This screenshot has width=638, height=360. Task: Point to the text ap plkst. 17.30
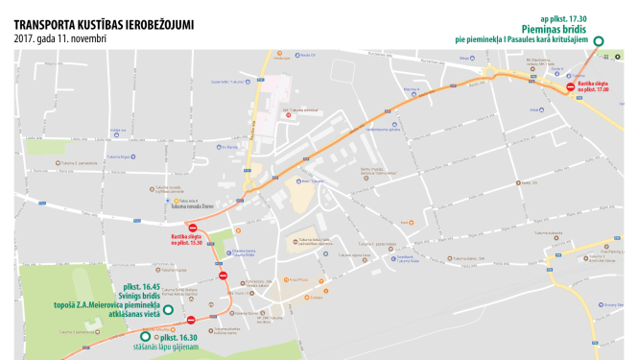pyautogui.click(x=563, y=17)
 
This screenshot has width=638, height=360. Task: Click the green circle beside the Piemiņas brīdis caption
pyautogui.click(x=598, y=41)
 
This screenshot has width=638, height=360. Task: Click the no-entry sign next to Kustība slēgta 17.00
pyautogui.click(x=570, y=86)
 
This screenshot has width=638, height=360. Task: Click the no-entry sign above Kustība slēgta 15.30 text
pyautogui.click(x=192, y=227)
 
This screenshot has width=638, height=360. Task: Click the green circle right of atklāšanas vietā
pyautogui.click(x=167, y=310)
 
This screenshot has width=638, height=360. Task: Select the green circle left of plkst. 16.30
pyautogui.click(x=146, y=336)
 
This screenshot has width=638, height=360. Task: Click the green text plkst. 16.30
pyautogui.click(x=179, y=338)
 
